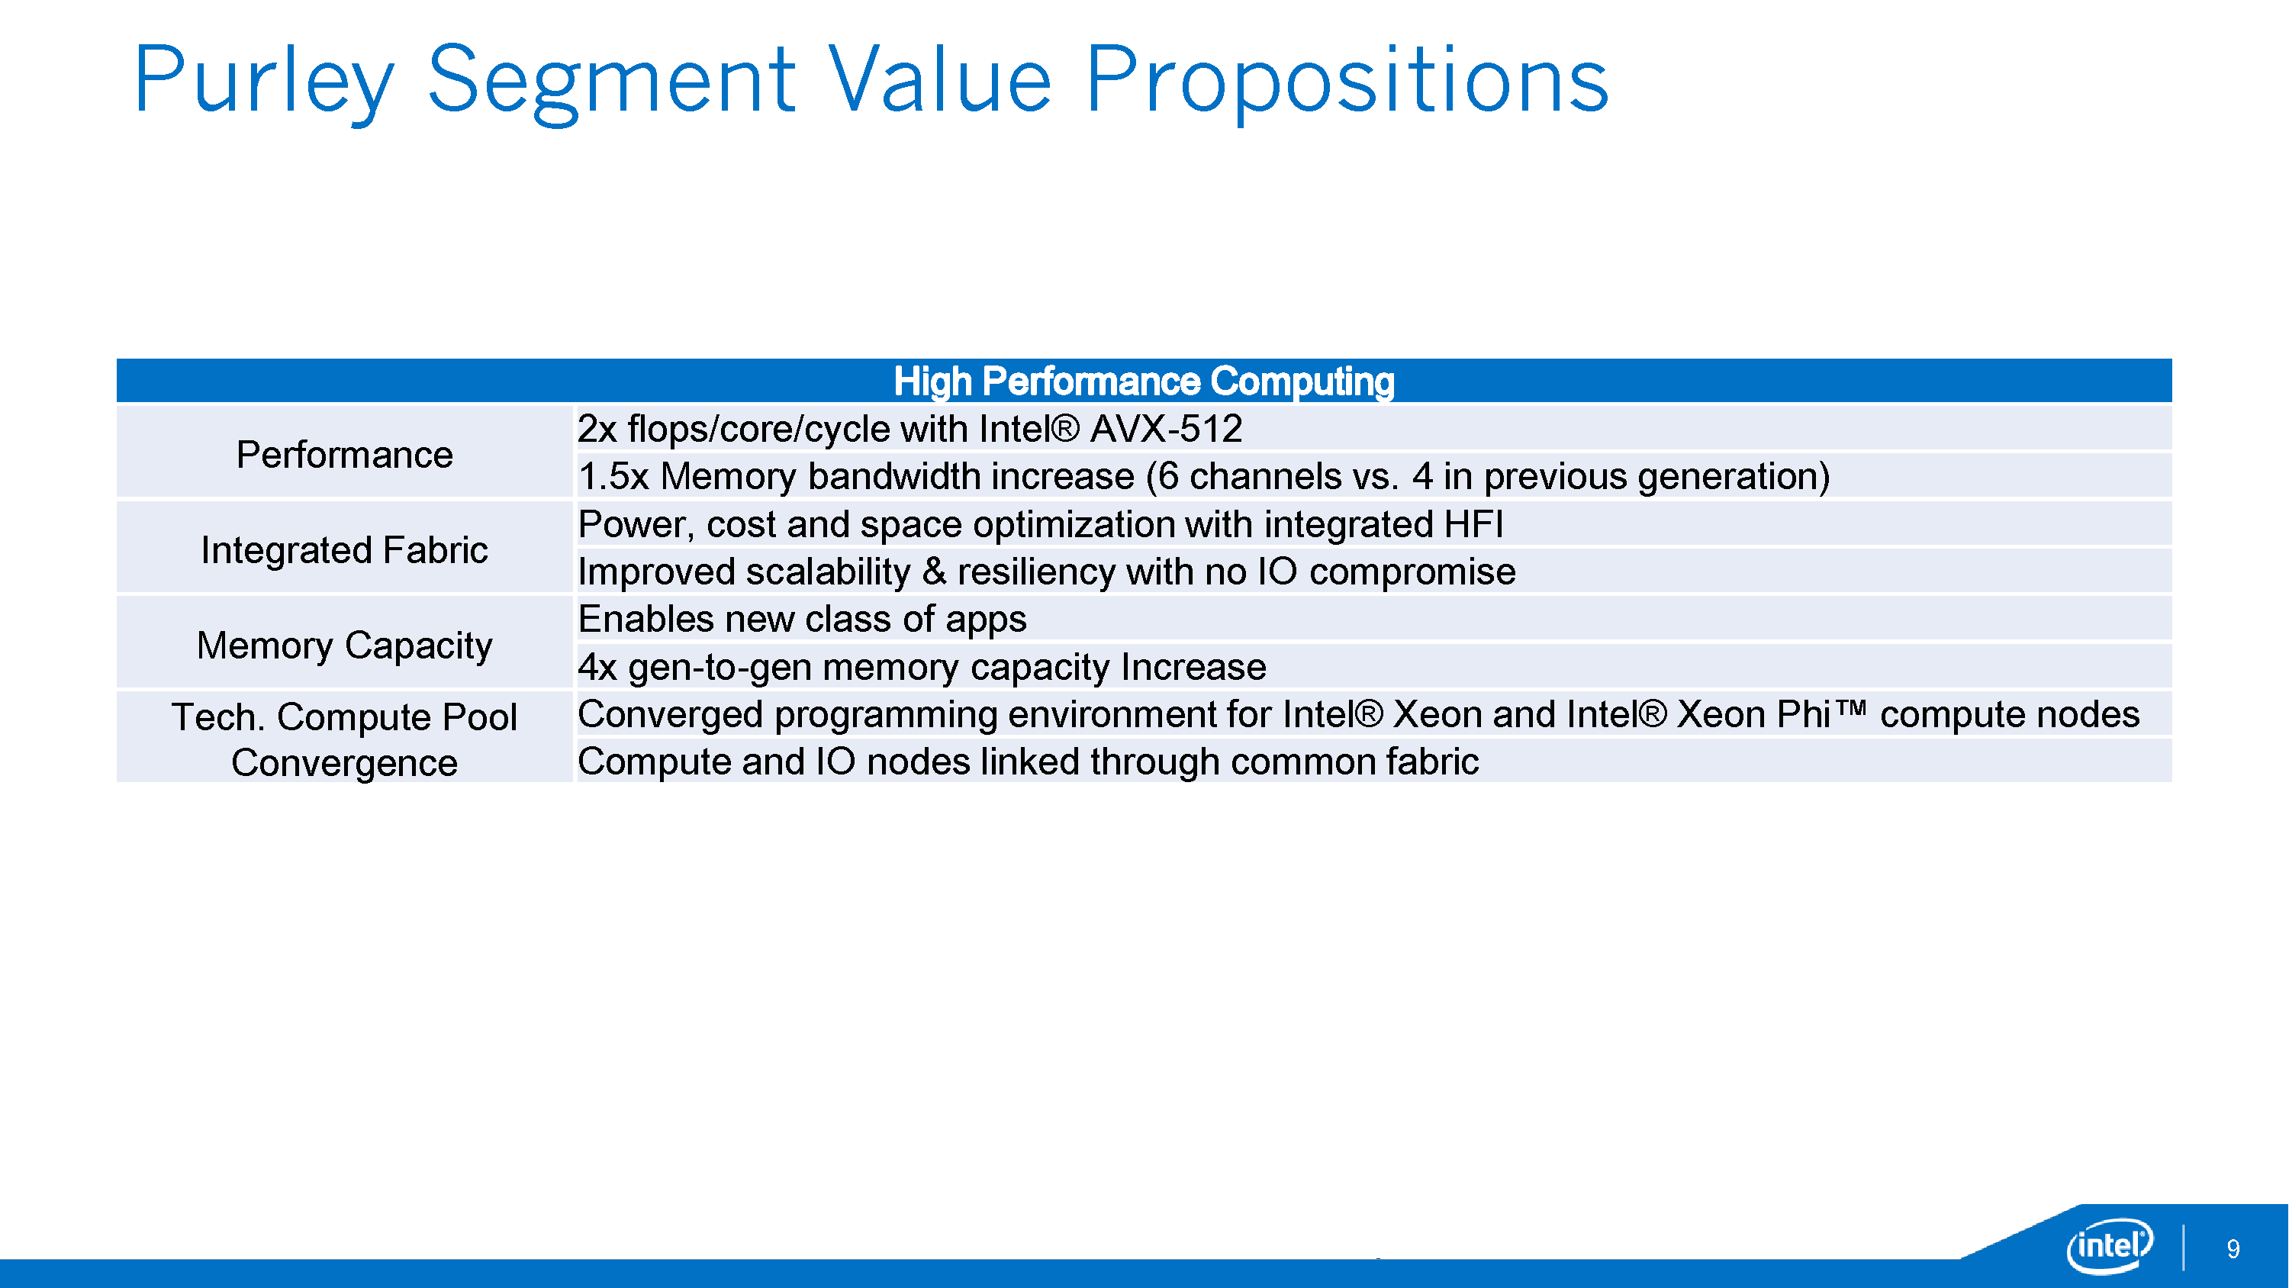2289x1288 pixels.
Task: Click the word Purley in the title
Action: [264, 82]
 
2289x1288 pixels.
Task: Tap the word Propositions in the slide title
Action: [1347, 82]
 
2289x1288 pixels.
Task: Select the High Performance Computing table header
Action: [1144, 382]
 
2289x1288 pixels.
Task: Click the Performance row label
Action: [345, 454]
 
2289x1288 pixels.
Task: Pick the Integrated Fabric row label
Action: [345, 549]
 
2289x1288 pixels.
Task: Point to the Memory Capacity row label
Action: [345, 646]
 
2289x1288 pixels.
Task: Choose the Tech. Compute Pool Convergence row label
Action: [345, 739]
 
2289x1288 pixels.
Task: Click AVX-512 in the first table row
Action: [1166, 429]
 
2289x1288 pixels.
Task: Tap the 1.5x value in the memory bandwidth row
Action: [613, 476]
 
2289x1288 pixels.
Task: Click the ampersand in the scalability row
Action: [934, 572]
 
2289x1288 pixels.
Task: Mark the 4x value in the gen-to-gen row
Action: [597, 667]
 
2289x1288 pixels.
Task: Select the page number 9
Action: [2233, 1249]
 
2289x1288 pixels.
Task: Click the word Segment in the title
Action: [611, 82]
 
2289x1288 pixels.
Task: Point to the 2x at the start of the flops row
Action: [597, 429]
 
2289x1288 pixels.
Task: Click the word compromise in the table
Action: [1413, 572]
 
